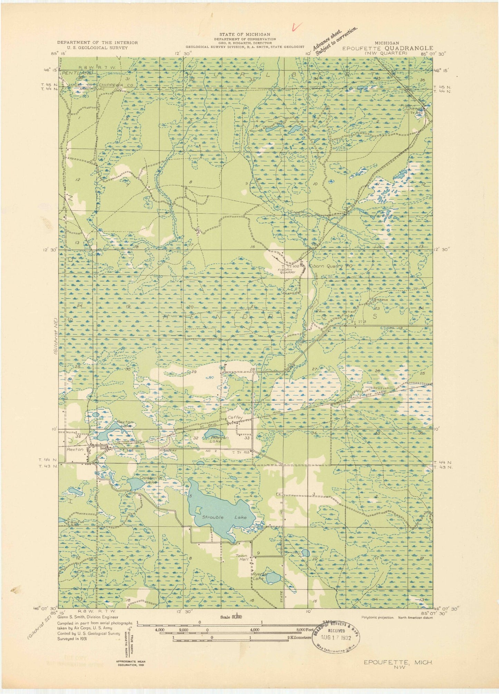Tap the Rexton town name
pos(75,449)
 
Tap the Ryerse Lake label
pos(258,576)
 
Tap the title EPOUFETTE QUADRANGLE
pos(387,48)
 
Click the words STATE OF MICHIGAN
pos(245,34)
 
